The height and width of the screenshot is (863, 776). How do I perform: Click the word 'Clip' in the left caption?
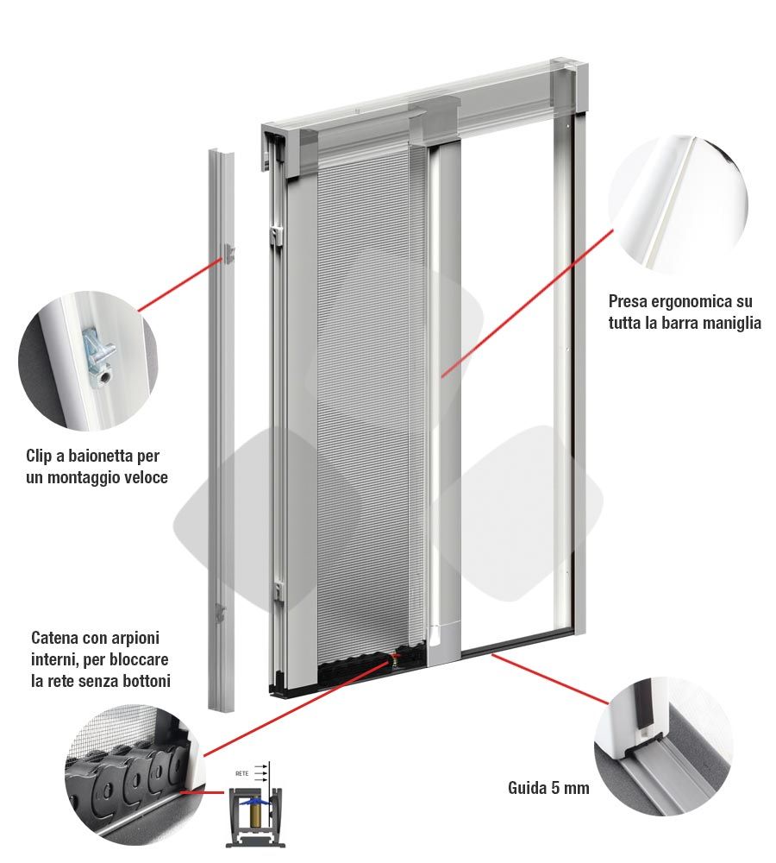42,456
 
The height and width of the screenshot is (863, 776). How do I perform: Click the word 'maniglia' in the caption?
731,323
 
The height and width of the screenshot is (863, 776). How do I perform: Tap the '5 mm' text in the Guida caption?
569,788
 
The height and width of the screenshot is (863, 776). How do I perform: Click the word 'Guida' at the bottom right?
526,788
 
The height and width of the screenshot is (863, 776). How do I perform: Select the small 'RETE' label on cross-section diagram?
242,774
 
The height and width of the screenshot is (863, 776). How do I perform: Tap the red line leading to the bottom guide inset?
552,682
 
